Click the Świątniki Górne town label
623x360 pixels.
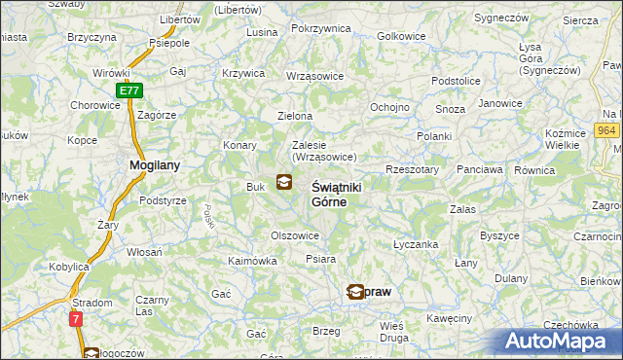click(329, 194)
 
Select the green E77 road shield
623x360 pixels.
click(129, 90)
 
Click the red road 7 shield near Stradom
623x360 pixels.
click(76, 318)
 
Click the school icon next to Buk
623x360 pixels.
click(283, 181)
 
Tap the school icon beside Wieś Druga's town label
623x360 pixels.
click(356, 291)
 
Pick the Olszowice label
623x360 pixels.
click(295, 235)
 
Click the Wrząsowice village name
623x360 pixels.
click(313, 75)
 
